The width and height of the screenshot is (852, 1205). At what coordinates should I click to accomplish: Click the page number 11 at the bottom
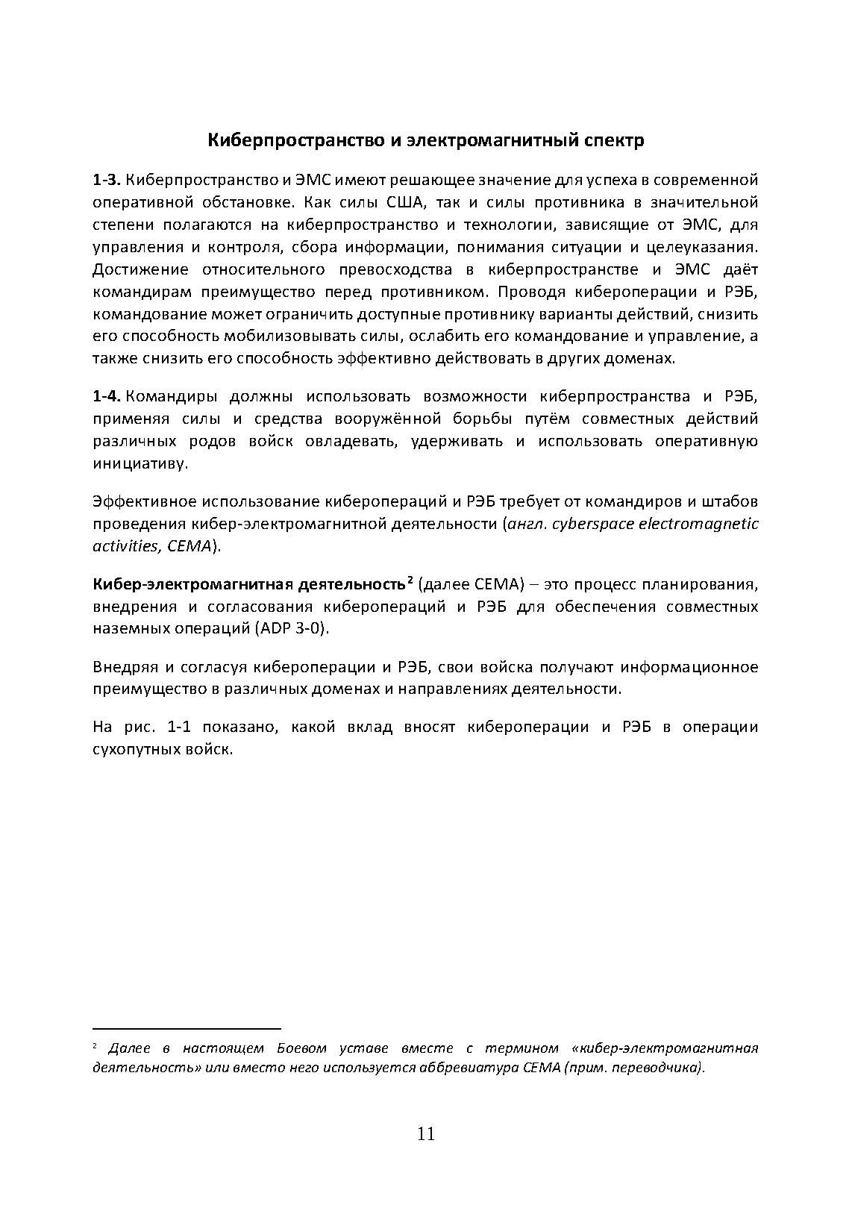(426, 1134)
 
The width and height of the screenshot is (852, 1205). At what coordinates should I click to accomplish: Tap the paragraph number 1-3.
(106, 180)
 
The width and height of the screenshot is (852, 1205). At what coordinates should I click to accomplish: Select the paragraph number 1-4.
(106, 396)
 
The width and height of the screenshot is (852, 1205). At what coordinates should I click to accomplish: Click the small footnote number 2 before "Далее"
(95, 1048)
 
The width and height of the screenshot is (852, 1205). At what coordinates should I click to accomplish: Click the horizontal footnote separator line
(187, 1027)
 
